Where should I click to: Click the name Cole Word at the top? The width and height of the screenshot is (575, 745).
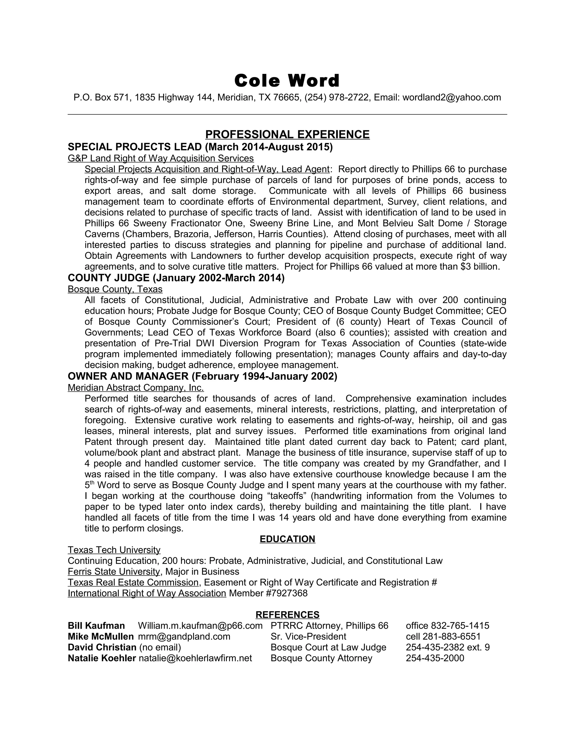pyautogui.click(x=287, y=81)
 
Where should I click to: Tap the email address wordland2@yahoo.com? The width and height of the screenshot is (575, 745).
pyautogui.click(x=452, y=98)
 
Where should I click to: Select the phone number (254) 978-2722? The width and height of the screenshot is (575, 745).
pyautogui.click(x=337, y=98)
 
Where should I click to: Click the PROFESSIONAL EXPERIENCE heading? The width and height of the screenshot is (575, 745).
pyautogui.click(x=287, y=134)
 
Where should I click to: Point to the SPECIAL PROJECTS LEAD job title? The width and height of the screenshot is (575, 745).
pyautogui.click(x=134, y=147)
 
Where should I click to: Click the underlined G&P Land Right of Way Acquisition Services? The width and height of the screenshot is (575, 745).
pyautogui.click(x=160, y=158)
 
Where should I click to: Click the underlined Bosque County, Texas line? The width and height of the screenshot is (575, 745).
pyautogui.click(x=115, y=289)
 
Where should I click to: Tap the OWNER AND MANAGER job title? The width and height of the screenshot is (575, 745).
pyautogui.click(x=128, y=376)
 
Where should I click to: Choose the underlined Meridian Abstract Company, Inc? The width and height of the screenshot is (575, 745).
pyautogui.click(x=136, y=387)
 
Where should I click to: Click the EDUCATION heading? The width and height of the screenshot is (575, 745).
pyautogui.click(x=287, y=539)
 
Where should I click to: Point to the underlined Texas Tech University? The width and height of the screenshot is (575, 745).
pyautogui.click(x=114, y=550)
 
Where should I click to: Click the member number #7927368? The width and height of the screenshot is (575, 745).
pyautogui.click(x=286, y=593)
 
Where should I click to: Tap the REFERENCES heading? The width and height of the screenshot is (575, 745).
pyautogui.click(x=287, y=615)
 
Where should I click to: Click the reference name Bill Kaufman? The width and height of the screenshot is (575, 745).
pyautogui.click(x=96, y=626)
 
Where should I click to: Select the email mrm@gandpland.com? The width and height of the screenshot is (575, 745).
pyautogui.click(x=184, y=636)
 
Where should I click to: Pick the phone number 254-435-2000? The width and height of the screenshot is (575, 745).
pyautogui.click(x=435, y=658)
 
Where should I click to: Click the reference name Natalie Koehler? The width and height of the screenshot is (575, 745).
pyautogui.click(x=102, y=658)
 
